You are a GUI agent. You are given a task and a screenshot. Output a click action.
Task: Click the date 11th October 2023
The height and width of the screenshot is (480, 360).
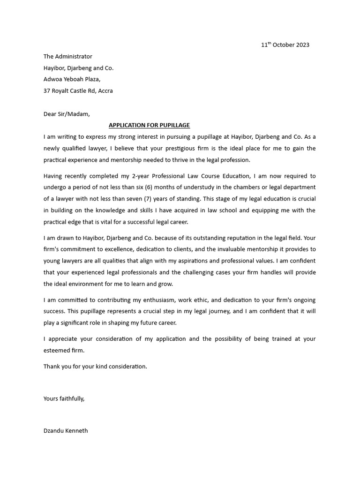coord(285,45)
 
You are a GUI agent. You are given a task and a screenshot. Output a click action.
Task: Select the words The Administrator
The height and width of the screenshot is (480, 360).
coord(68,57)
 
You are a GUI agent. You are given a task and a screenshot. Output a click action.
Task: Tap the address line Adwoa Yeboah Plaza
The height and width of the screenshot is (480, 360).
coord(72,79)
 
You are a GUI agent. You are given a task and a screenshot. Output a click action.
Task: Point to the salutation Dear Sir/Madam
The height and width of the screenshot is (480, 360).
coord(67,114)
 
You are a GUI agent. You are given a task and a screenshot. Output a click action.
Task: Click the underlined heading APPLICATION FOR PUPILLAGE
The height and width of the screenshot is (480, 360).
coord(149,125)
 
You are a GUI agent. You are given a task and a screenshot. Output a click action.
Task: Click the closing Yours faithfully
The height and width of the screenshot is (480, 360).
coord(64,398)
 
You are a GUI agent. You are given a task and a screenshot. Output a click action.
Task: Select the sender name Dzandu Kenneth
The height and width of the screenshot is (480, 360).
coord(66,430)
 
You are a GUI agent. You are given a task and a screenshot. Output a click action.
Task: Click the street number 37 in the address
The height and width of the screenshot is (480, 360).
coord(47,91)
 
